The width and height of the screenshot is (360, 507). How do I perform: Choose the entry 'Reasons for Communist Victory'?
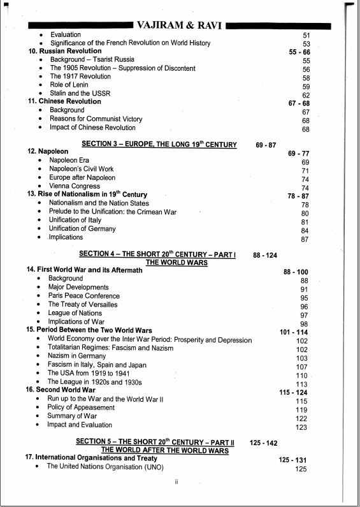tap(96, 119)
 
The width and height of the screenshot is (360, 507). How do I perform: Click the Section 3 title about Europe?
tap(159, 145)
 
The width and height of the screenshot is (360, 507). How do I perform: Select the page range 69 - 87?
tap(266, 145)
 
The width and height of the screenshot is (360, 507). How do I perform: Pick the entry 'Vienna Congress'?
tap(75, 186)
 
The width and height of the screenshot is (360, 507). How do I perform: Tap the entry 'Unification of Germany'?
tap(82, 228)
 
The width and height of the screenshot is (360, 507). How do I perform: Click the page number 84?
tap(305, 230)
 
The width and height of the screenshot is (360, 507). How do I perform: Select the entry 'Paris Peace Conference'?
tap(83, 296)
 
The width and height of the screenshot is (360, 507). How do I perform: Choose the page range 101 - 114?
tap(294, 332)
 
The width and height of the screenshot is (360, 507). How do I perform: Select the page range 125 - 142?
tap(263, 442)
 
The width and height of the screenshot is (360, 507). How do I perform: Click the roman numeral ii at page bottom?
tap(176, 481)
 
